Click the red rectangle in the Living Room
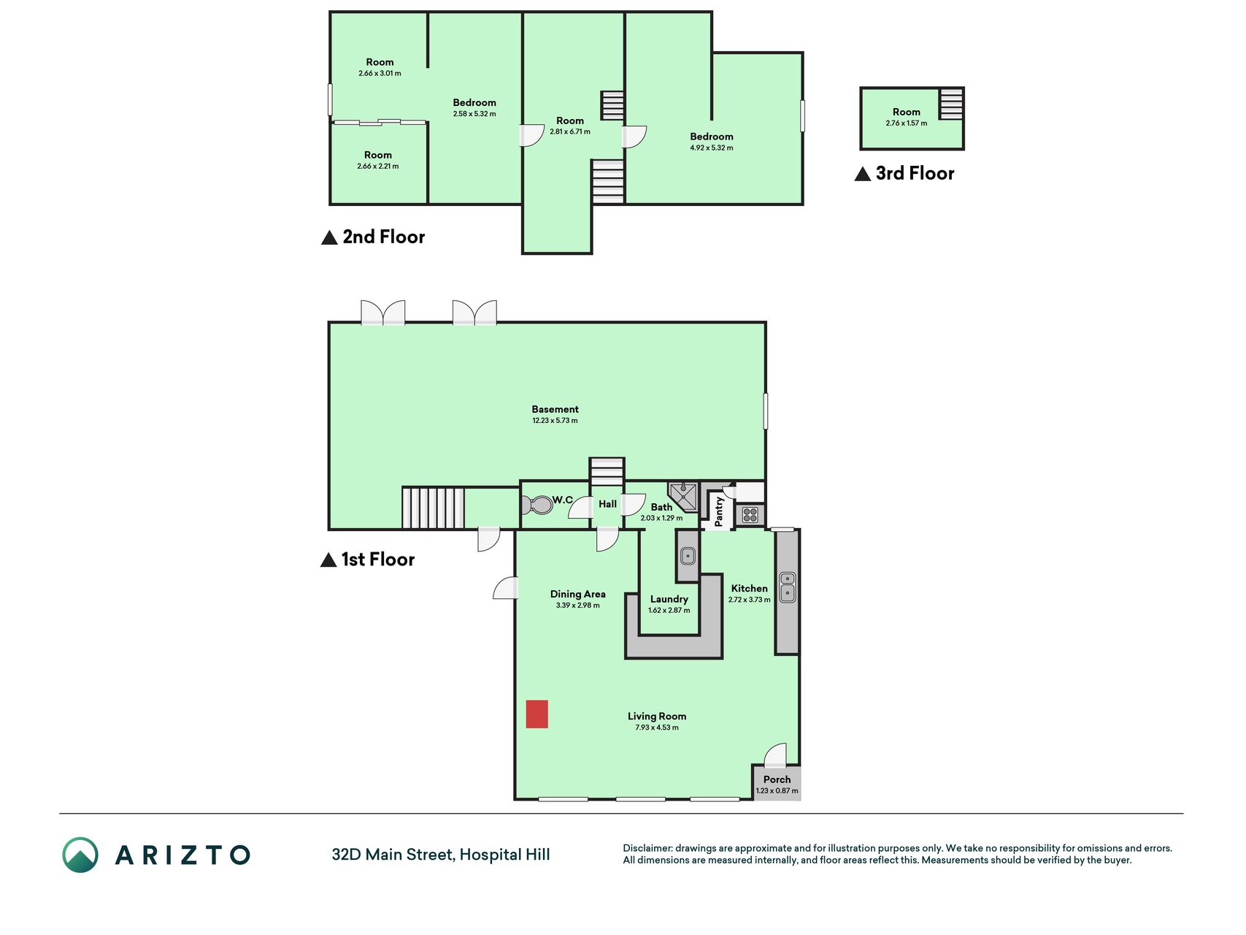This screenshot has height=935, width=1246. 537,714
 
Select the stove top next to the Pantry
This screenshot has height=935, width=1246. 750,515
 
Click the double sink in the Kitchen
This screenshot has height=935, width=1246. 788,587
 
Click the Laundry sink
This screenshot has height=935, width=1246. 688,556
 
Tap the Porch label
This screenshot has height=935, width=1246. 777,779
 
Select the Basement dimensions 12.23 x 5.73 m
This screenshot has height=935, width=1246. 555,421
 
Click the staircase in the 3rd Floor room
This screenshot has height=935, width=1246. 951,104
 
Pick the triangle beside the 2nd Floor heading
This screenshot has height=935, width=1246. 329,237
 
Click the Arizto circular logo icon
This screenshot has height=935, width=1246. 80,855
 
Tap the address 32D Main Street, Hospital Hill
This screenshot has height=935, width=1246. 441,855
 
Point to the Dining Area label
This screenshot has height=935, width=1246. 577,594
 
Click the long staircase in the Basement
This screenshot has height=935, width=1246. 433,508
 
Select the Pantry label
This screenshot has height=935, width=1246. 718,511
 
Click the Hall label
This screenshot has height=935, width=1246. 607,504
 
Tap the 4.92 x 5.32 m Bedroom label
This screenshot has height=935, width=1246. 712,142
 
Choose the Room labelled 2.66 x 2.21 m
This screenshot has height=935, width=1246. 378,160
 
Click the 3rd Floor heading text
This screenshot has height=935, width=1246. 915,173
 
